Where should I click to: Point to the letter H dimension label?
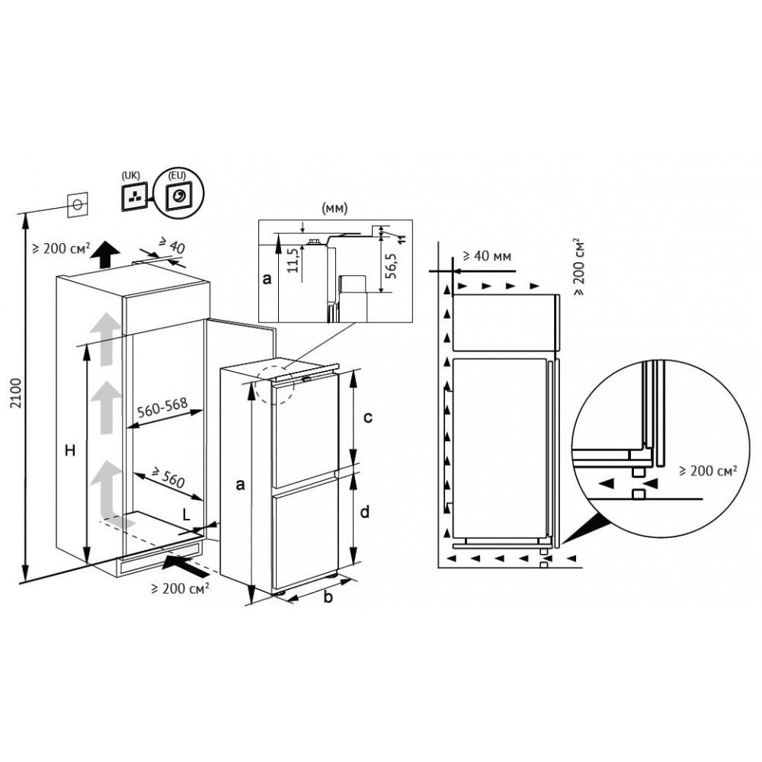click(70, 450)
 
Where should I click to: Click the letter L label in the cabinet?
click(187, 515)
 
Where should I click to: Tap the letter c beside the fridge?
click(368, 417)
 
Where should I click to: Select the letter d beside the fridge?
click(365, 511)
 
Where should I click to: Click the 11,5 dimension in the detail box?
click(293, 261)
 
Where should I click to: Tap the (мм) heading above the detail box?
click(335, 209)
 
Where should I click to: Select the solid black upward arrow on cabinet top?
click(105, 255)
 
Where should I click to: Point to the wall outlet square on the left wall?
click(77, 206)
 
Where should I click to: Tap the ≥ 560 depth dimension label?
click(168, 478)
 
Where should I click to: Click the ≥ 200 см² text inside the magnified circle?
click(708, 470)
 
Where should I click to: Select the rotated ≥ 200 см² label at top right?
click(579, 267)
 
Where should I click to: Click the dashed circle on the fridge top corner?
click(274, 384)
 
